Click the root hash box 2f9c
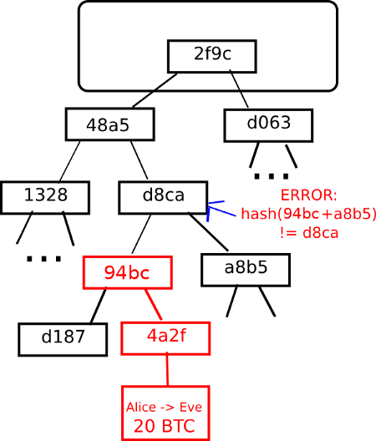coord(211,56)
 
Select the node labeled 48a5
coord(110,124)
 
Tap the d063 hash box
coord(268,125)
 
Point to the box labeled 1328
coord(45,197)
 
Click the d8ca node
coord(163,197)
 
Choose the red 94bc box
coord(128,272)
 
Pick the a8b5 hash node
coord(246,270)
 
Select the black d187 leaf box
coord(63,339)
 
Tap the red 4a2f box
coord(165,338)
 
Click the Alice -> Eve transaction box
coord(165,413)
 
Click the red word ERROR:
coord(308,195)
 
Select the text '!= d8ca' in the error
coord(309,233)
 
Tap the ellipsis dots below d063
coord(272,176)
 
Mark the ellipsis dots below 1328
coord(43,258)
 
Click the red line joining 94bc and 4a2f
coord(154,305)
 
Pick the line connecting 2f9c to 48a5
coord(155,90)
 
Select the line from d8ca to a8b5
coord(208,232)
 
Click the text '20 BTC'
coord(165,426)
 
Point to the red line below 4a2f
coord(167,368)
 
